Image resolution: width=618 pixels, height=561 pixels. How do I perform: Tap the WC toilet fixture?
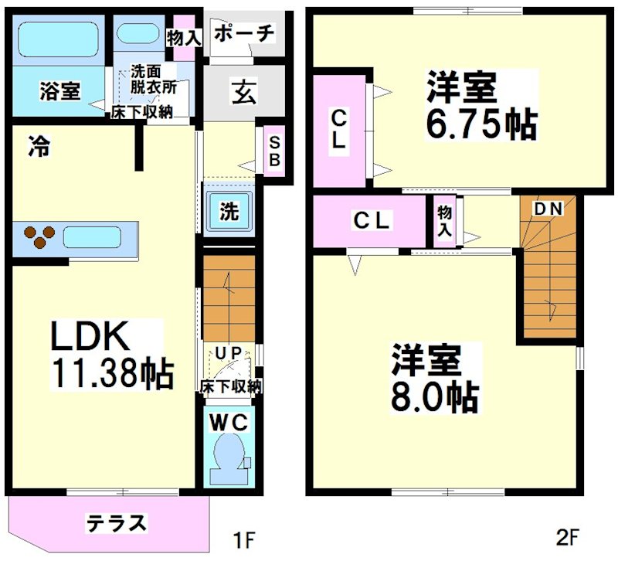[x=228, y=454]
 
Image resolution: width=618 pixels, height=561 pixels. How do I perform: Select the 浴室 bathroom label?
[x=59, y=91]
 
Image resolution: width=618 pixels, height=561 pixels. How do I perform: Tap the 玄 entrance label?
[x=244, y=93]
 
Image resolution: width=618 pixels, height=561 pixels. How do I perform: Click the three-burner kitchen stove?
[x=38, y=236]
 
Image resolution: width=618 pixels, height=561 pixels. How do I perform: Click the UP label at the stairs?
[x=230, y=352]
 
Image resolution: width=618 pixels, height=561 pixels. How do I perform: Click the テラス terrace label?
[x=116, y=522]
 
